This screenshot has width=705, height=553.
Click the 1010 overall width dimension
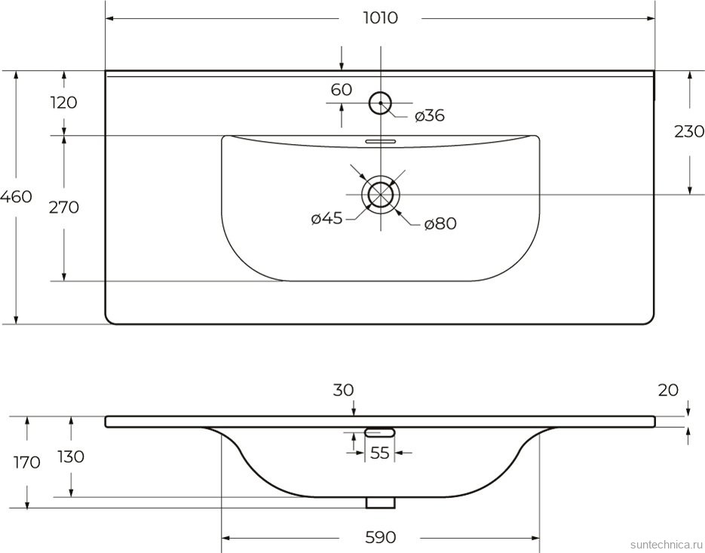380,18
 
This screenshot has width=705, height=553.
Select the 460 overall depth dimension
17,198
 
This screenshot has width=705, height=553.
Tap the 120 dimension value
63,103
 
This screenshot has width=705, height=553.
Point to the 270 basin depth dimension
63,207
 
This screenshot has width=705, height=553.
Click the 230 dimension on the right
688,132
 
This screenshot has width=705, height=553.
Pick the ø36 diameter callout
429,115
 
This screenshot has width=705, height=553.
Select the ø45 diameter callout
326,219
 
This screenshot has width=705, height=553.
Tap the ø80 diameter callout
440,223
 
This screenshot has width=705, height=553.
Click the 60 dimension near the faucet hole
342,90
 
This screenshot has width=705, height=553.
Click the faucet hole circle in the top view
381,103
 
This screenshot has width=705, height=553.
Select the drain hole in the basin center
381,193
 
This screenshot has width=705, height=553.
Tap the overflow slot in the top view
381,140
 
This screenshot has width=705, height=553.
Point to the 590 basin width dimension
380,537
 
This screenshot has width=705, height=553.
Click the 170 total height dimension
26,462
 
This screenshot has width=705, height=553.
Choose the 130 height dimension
71,456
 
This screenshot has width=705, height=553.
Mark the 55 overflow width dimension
380,453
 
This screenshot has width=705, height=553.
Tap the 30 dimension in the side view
343,390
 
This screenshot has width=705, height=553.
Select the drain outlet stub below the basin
381,502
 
